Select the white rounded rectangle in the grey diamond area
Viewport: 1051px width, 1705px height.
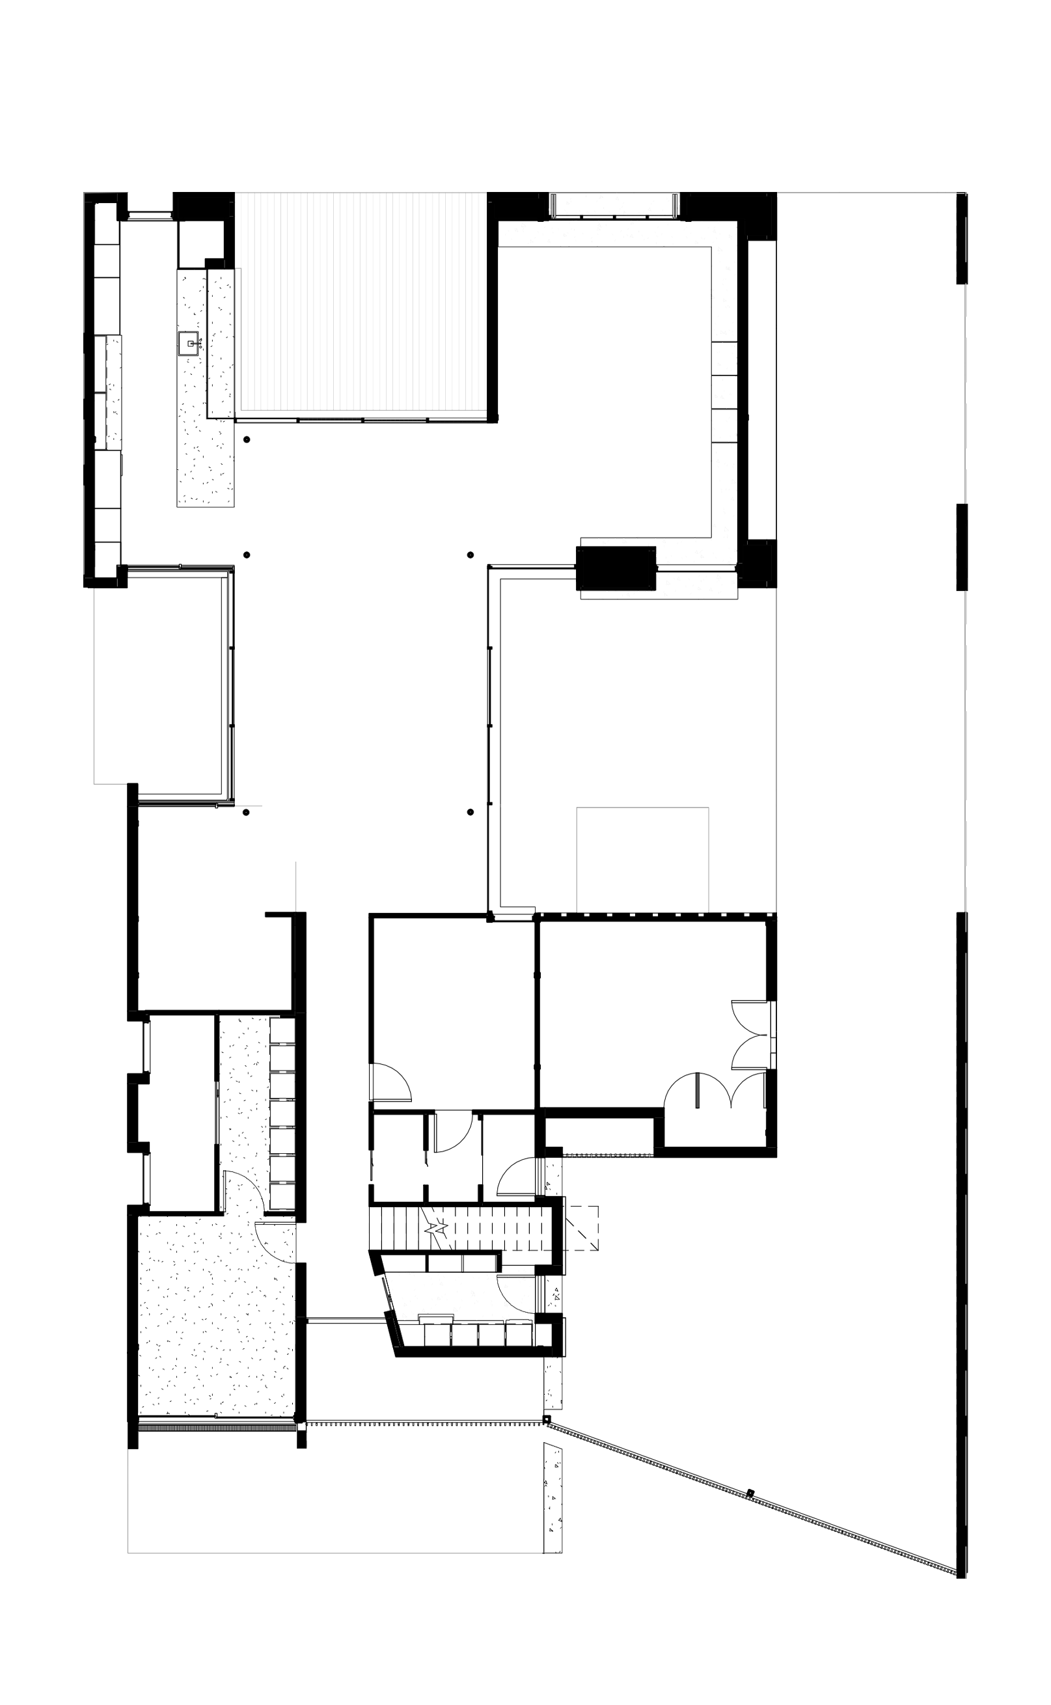[x=730, y=695]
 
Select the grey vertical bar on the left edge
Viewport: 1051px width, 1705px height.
[x=109, y=688]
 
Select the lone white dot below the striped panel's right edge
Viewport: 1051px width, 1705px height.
[x=471, y=548]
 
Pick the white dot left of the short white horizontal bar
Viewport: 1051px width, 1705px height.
[x=471, y=804]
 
